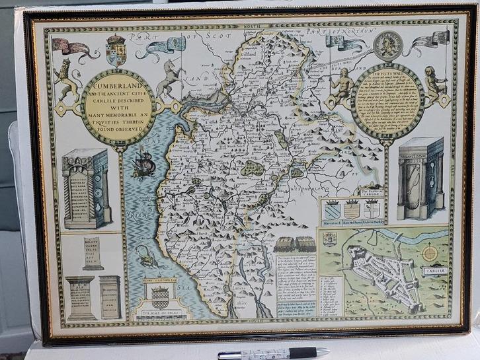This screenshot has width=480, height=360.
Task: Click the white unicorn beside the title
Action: pos(171,78)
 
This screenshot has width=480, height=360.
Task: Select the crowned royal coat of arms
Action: pos(116,50)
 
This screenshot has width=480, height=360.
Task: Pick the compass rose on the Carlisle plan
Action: pos(429,253)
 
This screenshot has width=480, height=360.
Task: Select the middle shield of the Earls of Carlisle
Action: pos(352,210)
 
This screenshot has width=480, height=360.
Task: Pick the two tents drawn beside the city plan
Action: pos(294,243)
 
